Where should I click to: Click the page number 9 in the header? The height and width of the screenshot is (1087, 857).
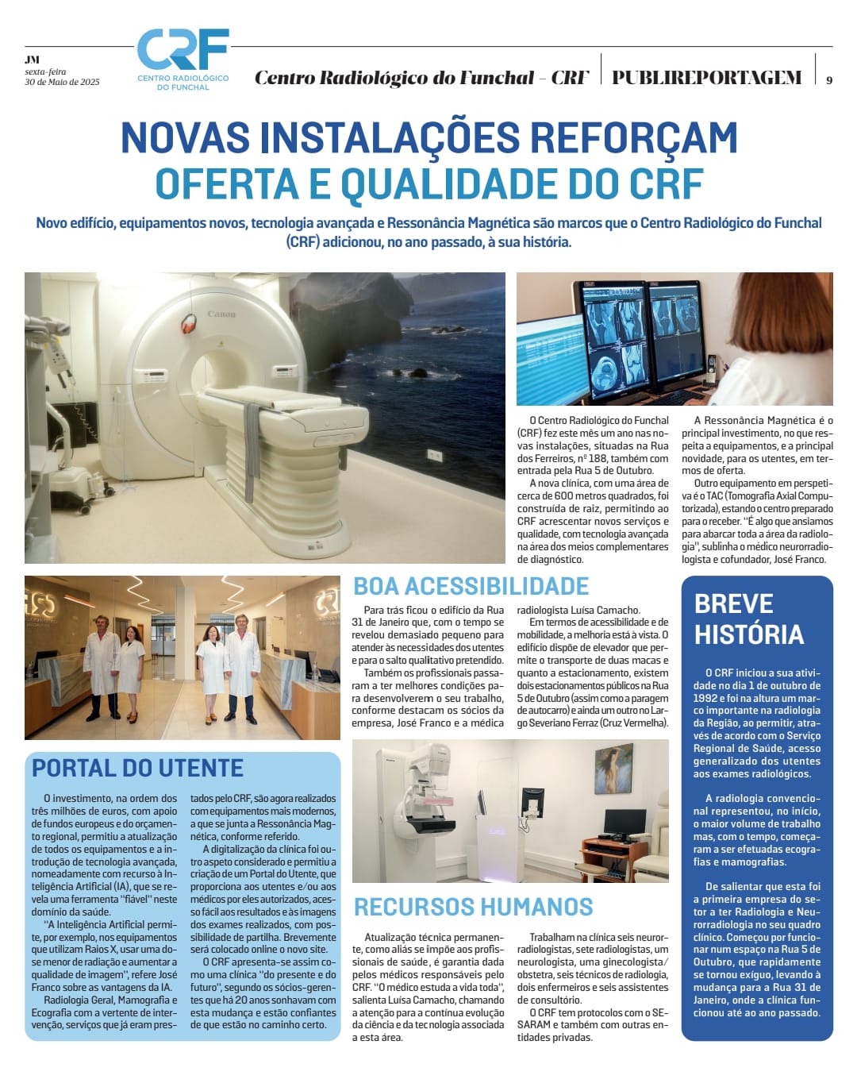pyautogui.click(x=829, y=79)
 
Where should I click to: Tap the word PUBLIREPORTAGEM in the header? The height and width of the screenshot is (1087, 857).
pyautogui.click(x=706, y=78)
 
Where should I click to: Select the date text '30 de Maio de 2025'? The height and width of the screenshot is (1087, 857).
pyautogui.click(x=62, y=82)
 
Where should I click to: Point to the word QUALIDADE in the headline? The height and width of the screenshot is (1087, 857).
pyautogui.click(x=452, y=183)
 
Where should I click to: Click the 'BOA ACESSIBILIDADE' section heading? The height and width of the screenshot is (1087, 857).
pyautogui.click(x=471, y=587)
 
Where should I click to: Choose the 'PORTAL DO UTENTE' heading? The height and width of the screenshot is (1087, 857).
pyautogui.click(x=137, y=768)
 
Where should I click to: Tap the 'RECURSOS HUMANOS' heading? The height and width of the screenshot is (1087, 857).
pyautogui.click(x=473, y=907)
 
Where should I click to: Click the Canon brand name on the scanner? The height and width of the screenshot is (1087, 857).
pyautogui.click(x=221, y=314)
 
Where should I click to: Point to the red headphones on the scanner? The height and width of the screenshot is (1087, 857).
pyautogui.click(x=189, y=323)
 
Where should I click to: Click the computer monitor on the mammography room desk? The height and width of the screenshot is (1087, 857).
pyautogui.click(x=624, y=821)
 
